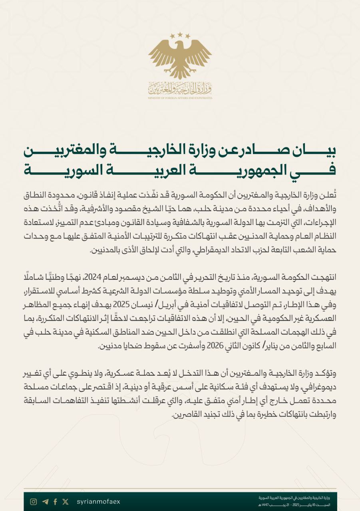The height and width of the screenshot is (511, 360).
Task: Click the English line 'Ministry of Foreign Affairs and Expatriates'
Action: [180, 98]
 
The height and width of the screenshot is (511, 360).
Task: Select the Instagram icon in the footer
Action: [34, 502]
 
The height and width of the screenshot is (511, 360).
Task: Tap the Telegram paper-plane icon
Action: [45, 502]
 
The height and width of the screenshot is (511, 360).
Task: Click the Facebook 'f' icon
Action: [55, 502]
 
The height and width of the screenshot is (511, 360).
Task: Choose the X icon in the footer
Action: [66, 502]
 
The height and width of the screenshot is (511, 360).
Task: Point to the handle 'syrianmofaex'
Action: [98, 502]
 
